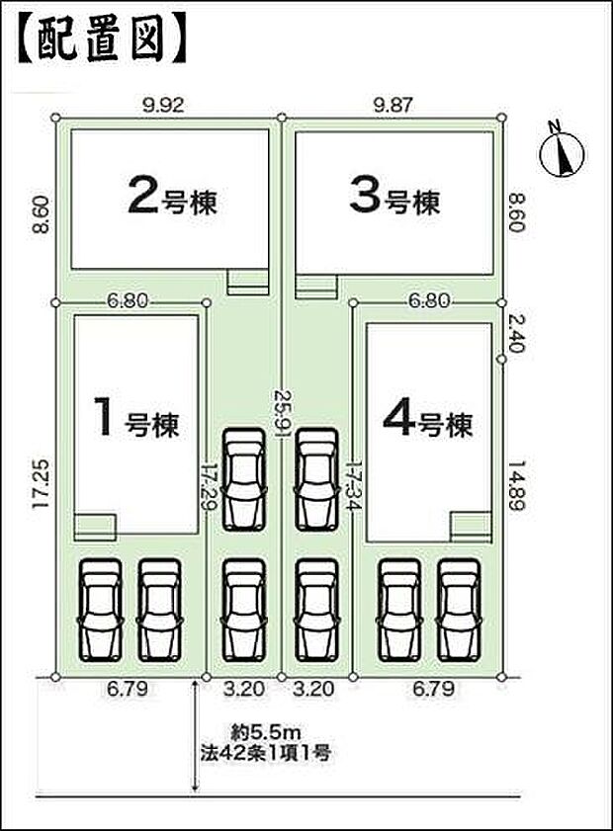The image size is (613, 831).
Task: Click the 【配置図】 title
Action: click(x=99, y=40)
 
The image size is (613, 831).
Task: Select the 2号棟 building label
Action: click(x=172, y=198)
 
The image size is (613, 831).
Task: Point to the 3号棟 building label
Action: click(x=394, y=198)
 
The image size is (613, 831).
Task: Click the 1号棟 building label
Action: click(x=135, y=423)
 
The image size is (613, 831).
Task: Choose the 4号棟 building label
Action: click(x=427, y=423)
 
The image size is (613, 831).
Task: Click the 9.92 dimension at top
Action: click(x=164, y=102)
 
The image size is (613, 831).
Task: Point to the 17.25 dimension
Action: click(x=39, y=483)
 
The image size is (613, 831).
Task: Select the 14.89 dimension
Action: click(x=517, y=483)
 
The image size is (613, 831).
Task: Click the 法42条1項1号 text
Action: click(x=261, y=754)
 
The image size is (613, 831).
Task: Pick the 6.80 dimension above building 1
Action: click(x=130, y=300)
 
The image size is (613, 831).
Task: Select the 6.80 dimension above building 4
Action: click(x=427, y=300)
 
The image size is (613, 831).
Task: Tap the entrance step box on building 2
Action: click(x=247, y=283)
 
